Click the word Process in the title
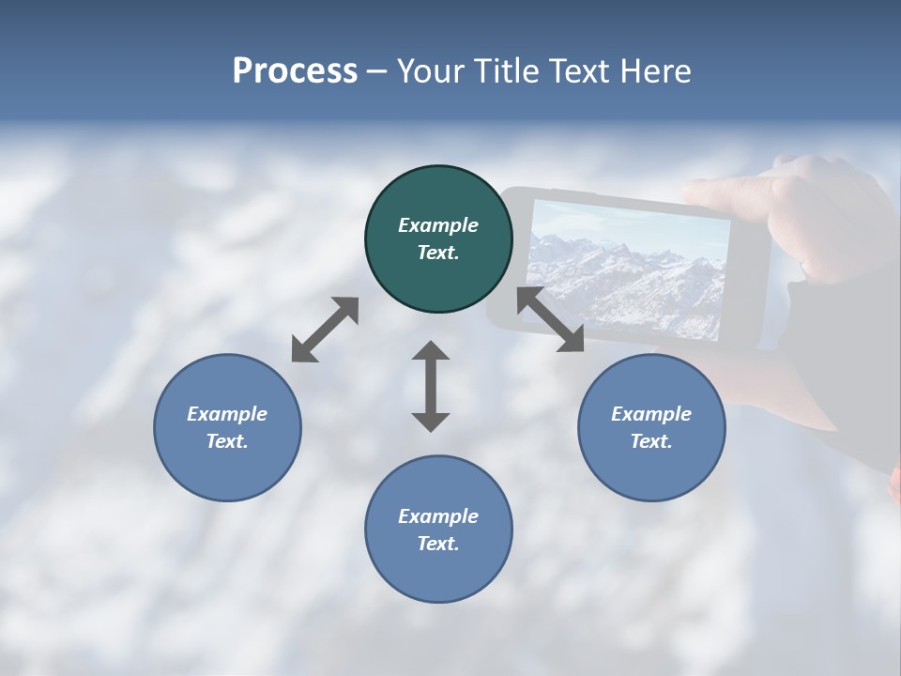pyautogui.click(x=295, y=71)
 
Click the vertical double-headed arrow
pyautogui.click(x=431, y=386)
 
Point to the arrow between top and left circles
pyautogui.click(x=325, y=330)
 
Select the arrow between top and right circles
pyautogui.click(x=550, y=320)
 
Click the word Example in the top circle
pyautogui.click(x=438, y=225)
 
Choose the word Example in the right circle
pyautogui.click(x=651, y=414)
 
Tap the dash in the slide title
pyautogui.click(x=377, y=71)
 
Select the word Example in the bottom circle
pyautogui.click(x=438, y=516)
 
